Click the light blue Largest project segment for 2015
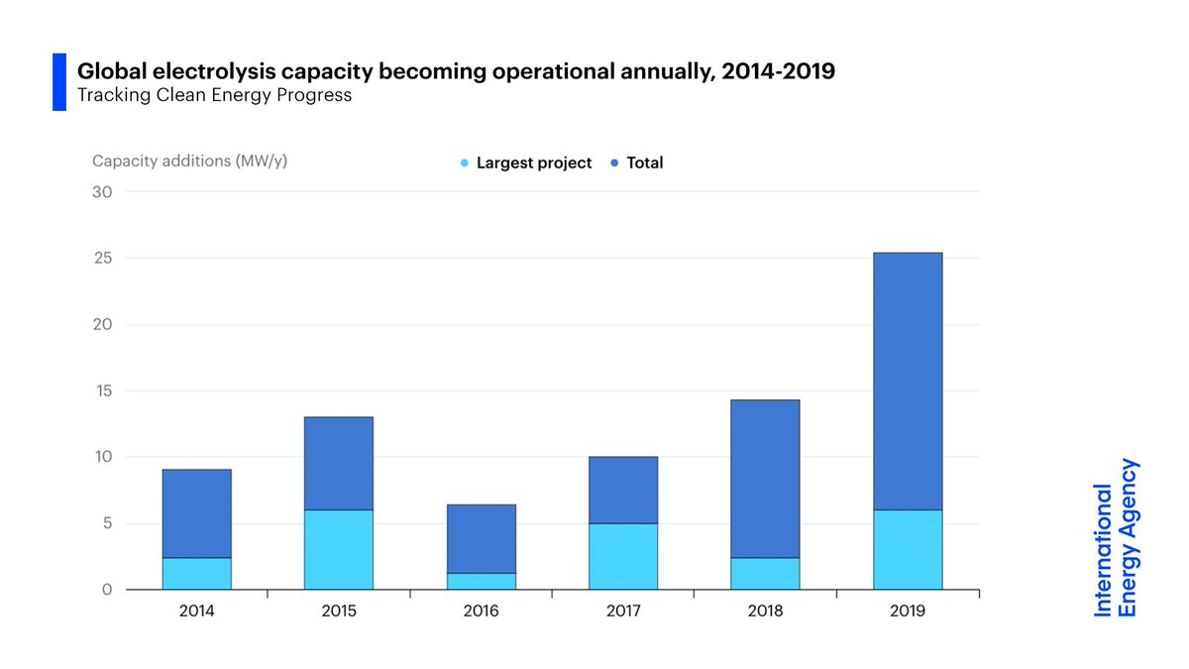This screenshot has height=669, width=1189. [339, 550]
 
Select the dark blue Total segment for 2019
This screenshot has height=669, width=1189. [908, 382]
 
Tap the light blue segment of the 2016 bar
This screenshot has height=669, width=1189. [482, 581]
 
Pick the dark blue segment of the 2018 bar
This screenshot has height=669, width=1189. [765, 479]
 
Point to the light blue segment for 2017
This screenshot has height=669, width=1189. [623, 556]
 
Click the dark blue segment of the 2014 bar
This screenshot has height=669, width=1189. [197, 513]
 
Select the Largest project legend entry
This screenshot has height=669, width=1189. [526, 163]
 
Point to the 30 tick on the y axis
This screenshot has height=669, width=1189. [103, 191]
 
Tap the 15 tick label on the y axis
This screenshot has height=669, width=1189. [103, 390]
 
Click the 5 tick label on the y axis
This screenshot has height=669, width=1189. [106, 523]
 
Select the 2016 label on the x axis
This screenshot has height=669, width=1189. [482, 611]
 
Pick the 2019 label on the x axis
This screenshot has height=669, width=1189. [908, 611]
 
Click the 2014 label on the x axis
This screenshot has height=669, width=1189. [197, 611]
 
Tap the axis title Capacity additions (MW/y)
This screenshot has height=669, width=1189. [190, 161]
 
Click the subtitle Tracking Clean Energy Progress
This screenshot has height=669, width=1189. [215, 96]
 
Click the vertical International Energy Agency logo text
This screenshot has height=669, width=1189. [1117, 538]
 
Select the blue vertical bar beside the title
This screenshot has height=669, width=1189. [58, 82]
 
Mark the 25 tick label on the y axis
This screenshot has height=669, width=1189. [103, 258]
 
